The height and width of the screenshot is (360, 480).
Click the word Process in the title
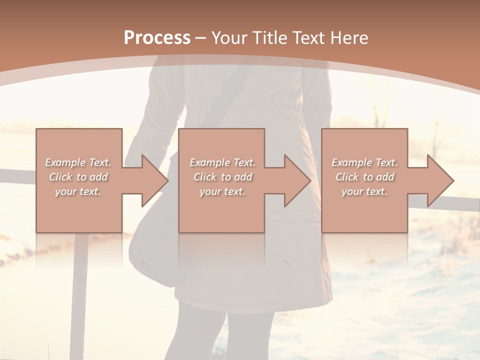click(x=157, y=38)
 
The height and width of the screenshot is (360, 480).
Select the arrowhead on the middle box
click(x=296, y=180)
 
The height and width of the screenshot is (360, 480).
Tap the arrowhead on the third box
click(x=439, y=180)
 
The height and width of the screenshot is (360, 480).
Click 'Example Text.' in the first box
click(x=78, y=162)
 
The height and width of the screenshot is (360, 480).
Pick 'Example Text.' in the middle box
click(x=222, y=162)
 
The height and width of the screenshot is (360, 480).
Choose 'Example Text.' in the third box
click(x=364, y=162)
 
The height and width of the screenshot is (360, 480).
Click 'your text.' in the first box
click(x=78, y=191)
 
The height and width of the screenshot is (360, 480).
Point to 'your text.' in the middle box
click(x=222, y=191)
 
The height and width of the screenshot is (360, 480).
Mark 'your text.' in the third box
click(x=364, y=191)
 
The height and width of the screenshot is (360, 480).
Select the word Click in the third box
click(x=347, y=177)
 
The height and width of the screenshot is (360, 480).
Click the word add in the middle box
click(x=243, y=177)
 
